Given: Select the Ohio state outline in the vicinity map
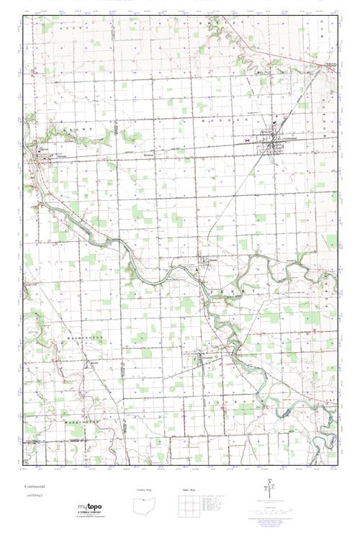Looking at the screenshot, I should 145,507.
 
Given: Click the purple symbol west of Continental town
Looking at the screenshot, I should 248,140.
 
